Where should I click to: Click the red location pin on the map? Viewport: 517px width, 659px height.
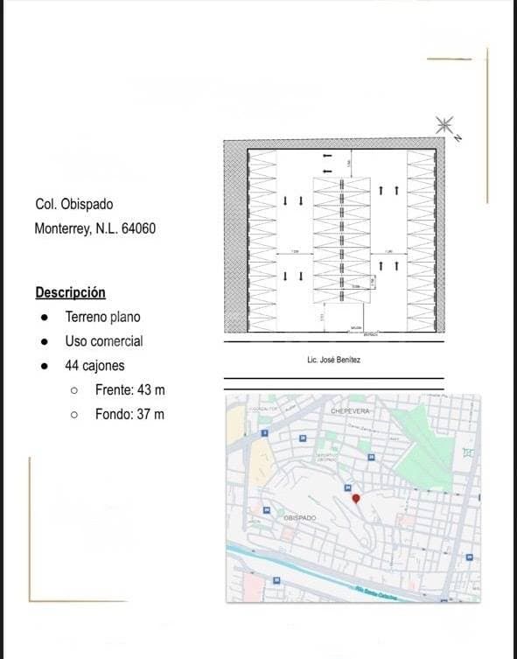355,498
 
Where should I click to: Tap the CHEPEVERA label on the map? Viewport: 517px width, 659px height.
351,410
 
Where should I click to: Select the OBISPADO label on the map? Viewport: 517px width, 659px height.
300,518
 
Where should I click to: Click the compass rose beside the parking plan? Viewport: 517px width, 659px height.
444,124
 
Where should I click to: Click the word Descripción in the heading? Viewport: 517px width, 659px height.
70,292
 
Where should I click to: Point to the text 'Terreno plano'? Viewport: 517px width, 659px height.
102,317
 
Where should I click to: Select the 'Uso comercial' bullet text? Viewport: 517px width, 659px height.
103,341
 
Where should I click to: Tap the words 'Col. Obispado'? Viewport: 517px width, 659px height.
73,205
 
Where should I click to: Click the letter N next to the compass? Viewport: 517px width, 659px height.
458,137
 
